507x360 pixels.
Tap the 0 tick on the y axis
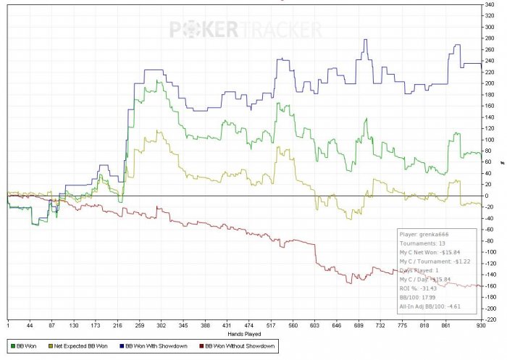coord(490,196)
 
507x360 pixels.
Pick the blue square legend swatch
coord(120,344)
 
